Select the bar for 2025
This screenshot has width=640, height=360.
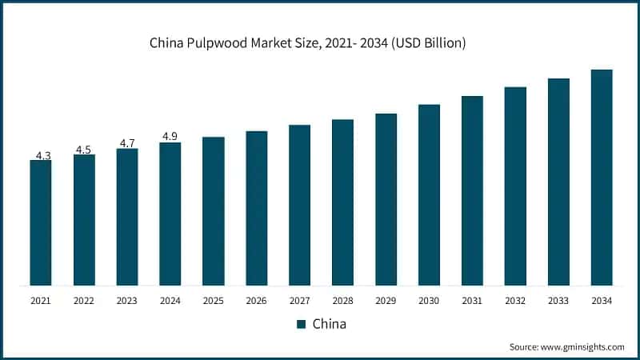click(x=213, y=211)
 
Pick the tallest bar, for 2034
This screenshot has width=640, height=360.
click(x=602, y=177)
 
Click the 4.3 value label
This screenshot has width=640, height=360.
click(x=41, y=154)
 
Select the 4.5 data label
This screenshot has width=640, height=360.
click(x=84, y=149)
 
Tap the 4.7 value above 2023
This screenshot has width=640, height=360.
click(x=127, y=143)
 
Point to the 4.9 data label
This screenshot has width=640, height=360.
click(x=170, y=137)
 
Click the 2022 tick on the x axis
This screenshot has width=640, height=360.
click(x=84, y=301)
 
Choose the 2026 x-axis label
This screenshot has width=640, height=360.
click(x=256, y=301)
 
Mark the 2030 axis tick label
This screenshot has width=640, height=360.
click(x=429, y=301)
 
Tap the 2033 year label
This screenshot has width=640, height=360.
click(x=558, y=301)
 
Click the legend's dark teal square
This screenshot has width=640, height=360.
click(x=302, y=324)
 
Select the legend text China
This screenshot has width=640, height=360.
click(x=329, y=324)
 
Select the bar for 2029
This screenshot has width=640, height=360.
click(x=386, y=199)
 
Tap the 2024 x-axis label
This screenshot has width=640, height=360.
click(x=170, y=301)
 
